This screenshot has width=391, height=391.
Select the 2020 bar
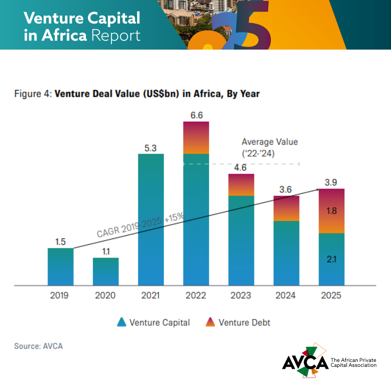point(106,272)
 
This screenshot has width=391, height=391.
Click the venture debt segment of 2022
point(196,138)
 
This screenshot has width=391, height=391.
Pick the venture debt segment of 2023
point(241,185)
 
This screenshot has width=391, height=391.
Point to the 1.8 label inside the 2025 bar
point(332,211)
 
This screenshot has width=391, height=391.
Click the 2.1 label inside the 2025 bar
point(332,259)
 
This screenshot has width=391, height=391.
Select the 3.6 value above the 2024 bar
point(286,189)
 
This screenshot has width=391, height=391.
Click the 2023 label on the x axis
point(241,295)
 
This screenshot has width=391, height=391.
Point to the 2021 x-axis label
point(151,295)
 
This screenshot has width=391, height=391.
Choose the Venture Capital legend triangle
point(122,322)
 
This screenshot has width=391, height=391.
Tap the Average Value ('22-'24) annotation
point(269,147)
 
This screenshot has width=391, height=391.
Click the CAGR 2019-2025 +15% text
point(140,226)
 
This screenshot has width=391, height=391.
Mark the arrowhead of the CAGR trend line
point(317,189)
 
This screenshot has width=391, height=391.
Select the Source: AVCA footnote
point(38,346)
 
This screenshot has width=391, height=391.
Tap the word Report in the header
point(116,36)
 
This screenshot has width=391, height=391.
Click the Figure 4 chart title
point(137,94)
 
